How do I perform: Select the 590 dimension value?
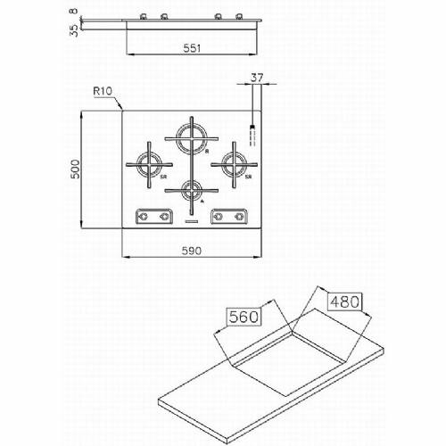(x=193, y=251)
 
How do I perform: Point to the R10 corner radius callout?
(x=102, y=92)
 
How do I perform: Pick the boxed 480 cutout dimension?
(x=344, y=301)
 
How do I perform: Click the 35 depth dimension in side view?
(x=73, y=28)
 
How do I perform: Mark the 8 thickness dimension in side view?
(x=73, y=12)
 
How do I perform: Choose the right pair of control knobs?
(x=228, y=215)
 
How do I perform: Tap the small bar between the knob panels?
(x=193, y=217)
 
